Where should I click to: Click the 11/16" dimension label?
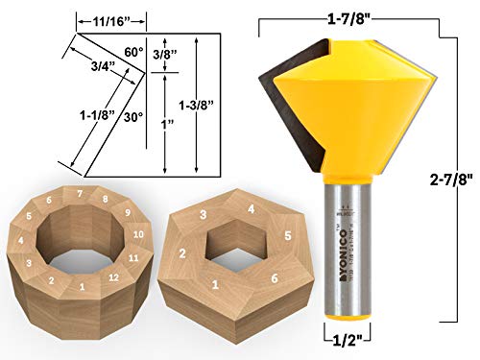coord(112,17)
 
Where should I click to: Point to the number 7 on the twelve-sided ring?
coord(80,195)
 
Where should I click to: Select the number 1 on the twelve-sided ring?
coord(83,286)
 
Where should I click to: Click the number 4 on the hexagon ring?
coord(252,209)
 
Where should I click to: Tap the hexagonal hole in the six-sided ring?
coord(232,252)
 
